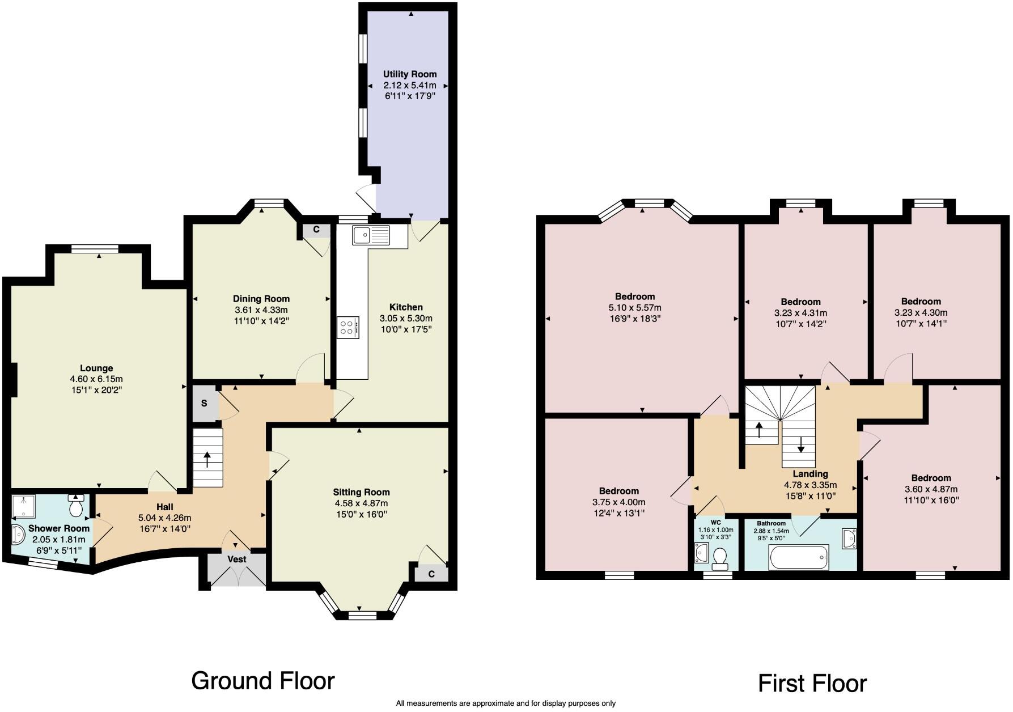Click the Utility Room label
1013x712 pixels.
409,74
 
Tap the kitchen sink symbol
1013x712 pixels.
370,235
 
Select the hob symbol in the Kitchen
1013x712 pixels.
347,327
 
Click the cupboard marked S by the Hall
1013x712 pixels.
204,404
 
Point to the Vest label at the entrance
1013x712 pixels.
236,559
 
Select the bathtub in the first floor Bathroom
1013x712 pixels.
799,557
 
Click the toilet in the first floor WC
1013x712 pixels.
720,558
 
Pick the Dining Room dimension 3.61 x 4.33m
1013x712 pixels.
261,310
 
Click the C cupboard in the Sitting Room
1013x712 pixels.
431,574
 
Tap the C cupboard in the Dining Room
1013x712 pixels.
316,230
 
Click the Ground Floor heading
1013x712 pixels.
263,680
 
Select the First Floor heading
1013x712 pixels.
812,683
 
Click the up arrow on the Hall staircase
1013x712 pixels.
207,459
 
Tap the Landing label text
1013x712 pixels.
810,474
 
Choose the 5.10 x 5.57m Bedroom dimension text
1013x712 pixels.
635,307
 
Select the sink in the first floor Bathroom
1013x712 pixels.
849,538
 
